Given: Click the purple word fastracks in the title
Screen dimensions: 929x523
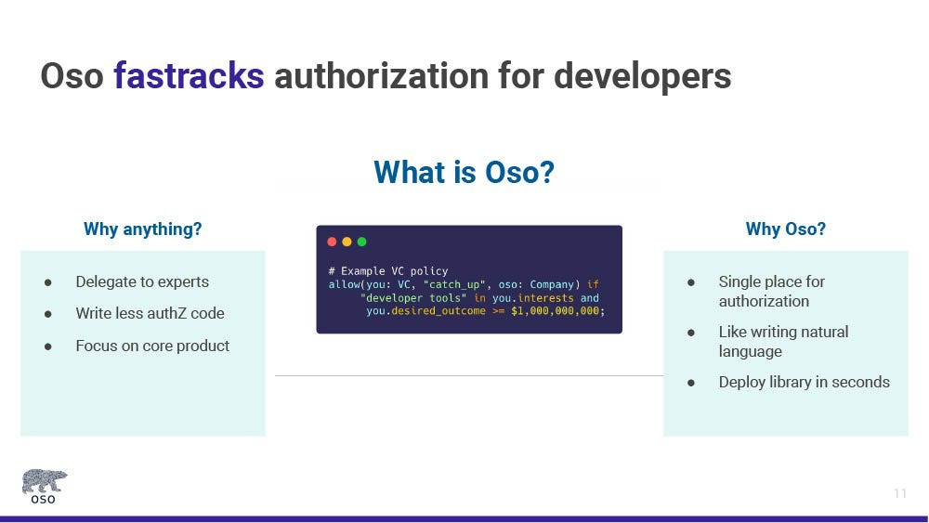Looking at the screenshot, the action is pyautogui.click(x=189, y=76).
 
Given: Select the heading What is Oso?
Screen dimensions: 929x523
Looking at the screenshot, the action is pyautogui.click(x=464, y=172).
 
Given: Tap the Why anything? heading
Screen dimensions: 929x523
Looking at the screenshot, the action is pyautogui.click(x=143, y=229).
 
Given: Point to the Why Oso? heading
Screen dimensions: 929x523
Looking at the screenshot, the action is pyautogui.click(x=786, y=229).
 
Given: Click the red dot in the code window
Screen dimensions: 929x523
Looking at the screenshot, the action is pyautogui.click(x=332, y=242).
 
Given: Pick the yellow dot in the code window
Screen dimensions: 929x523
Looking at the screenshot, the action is pyautogui.click(x=347, y=242).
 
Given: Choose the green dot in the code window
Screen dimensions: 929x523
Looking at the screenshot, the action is pyautogui.click(x=362, y=242).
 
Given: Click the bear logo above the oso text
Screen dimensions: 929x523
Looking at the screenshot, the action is pyautogui.click(x=45, y=480).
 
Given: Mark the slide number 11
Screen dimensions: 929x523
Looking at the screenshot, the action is pyautogui.click(x=900, y=493).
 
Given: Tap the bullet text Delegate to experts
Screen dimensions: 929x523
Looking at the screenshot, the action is pyautogui.click(x=142, y=281).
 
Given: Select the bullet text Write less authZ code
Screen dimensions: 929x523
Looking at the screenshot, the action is pyautogui.click(x=150, y=313).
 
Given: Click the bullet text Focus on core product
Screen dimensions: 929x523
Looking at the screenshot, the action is pyautogui.click(x=152, y=346).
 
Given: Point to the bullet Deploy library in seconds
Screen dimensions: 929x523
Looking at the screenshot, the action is pyautogui.click(x=804, y=382).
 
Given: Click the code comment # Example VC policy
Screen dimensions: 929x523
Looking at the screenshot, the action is pyautogui.click(x=388, y=271).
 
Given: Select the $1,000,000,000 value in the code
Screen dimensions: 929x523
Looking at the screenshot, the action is pyautogui.click(x=556, y=311).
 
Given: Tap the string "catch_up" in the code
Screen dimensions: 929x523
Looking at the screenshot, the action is pyautogui.click(x=454, y=285).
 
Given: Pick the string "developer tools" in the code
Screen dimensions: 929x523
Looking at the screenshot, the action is pyautogui.click(x=413, y=298).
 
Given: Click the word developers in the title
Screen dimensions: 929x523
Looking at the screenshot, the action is pyautogui.click(x=642, y=76).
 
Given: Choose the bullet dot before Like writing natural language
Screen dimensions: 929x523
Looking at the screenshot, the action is pyautogui.click(x=691, y=333).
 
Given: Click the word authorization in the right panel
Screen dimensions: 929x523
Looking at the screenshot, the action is pyautogui.click(x=764, y=302).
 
